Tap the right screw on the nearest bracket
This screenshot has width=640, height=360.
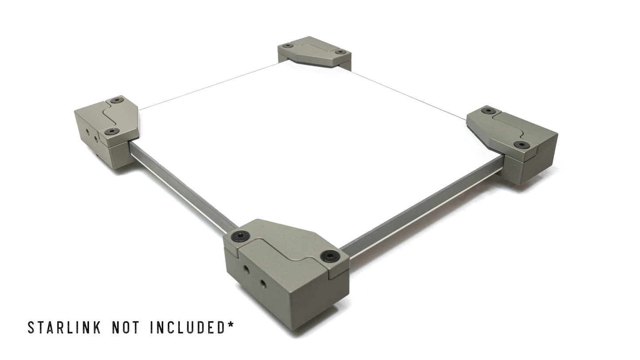click(330, 255)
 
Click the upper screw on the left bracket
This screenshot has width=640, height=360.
click(117, 100)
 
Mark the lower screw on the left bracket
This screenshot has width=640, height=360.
click(111, 132)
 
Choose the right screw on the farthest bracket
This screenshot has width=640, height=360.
click(340, 52)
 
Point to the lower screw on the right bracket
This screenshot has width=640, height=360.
click(521, 145)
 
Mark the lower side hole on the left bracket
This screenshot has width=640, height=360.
click(97, 139)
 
